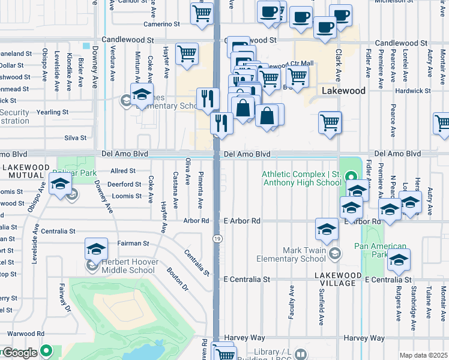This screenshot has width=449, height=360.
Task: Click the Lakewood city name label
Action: (343, 91)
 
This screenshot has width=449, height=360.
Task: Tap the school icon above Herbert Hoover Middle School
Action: (96, 249)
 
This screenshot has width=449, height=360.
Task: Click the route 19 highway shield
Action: (215, 239)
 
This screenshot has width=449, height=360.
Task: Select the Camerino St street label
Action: (161, 24)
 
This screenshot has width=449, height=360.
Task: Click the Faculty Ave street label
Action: (292, 302)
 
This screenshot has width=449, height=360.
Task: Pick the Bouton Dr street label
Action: (178, 279)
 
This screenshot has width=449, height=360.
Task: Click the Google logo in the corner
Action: (19, 353)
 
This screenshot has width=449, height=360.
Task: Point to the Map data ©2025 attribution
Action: (423, 355)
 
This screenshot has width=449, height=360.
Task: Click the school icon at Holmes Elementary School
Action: (142, 95)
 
